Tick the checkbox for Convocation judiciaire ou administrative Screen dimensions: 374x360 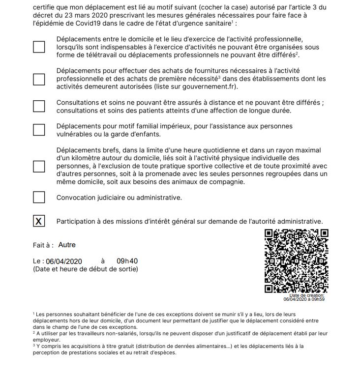click(x=39, y=198)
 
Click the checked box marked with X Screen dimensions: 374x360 click(x=39, y=222)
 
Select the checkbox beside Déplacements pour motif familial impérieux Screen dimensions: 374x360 click(x=39, y=130)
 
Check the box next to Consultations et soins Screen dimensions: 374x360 click(x=39, y=106)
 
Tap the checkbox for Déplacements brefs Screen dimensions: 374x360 click(x=39, y=166)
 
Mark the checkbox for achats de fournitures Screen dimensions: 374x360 click(x=39, y=79)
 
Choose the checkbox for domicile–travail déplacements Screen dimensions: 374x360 click(x=39, y=47)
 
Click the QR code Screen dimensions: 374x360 click(x=296, y=261)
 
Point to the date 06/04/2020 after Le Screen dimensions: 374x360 click(x=64, y=261)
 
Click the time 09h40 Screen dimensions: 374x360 click(x=127, y=261)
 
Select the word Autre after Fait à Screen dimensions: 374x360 click(x=67, y=245)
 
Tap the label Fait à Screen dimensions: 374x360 click(x=43, y=245)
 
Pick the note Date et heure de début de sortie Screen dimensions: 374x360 click(x=86, y=269)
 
